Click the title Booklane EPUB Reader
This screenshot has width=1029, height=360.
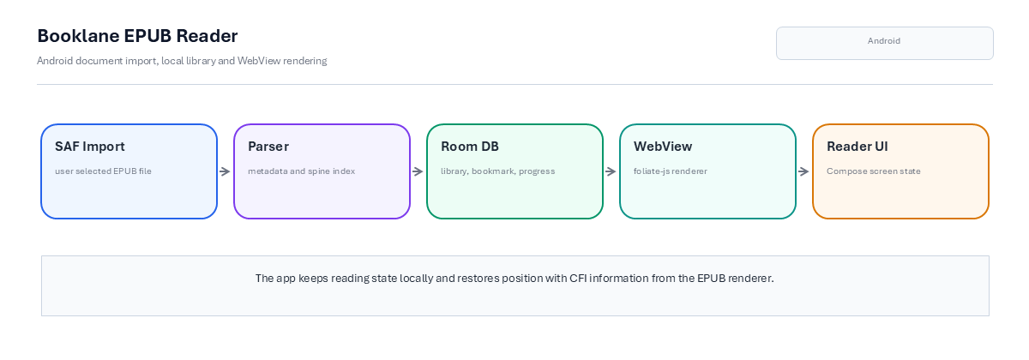137,36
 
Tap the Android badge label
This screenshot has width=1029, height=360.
884,41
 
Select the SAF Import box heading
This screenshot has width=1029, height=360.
90,147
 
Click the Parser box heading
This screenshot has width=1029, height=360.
268,147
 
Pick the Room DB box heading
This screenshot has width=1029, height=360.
470,147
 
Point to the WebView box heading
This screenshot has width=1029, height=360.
663,147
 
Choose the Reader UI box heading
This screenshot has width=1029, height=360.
857,147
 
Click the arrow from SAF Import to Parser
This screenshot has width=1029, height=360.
225,171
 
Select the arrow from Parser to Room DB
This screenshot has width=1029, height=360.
418,171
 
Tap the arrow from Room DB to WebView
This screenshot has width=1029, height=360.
611,171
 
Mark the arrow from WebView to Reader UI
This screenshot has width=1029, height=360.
804,171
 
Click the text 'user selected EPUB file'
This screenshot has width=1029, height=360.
104,171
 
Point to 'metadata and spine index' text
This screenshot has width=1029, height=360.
301,171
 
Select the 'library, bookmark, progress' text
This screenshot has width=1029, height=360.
498,171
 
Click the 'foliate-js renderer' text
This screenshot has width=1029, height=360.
671,171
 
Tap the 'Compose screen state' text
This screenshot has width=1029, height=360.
874,171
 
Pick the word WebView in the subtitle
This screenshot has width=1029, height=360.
259,61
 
